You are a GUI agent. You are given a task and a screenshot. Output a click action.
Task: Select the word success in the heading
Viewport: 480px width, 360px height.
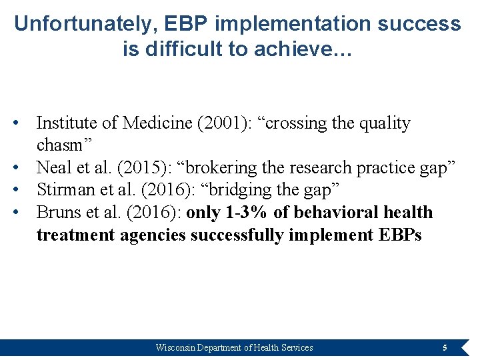click(418, 24)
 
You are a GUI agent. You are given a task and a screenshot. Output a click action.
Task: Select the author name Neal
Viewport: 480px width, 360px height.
click(53, 168)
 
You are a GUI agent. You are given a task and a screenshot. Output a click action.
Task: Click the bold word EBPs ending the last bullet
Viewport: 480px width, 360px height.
click(399, 235)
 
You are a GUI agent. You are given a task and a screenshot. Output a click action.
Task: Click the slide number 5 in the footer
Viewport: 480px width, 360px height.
click(445, 347)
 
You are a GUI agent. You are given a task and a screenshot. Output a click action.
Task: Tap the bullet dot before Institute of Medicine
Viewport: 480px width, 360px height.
click(23, 123)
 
